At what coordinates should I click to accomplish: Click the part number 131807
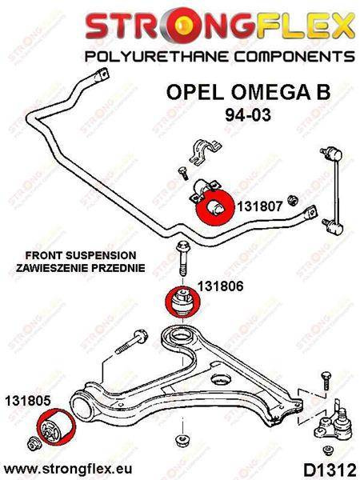pyautogui.click(x=260, y=206)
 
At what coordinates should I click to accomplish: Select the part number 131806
pyautogui.click(x=221, y=286)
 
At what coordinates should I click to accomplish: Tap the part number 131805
pyautogui.click(x=27, y=401)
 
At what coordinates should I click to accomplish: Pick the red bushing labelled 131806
pyautogui.click(x=182, y=302)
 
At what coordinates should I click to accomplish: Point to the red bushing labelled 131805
pyautogui.click(x=56, y=426)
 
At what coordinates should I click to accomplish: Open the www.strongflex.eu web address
pyautogui.click(x=68, y=469)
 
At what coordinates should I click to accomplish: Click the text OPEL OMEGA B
pyautogui.click(x=248, y=92)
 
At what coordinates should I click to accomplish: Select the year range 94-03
pyautogui.click(x=248, y=115)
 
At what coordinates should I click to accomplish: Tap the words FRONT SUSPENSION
pyautogui.click(x=81, y=255)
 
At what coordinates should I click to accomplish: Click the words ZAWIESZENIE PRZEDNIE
pyautogui.click(x=81, y=268)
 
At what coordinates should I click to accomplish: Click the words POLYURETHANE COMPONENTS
pyautogui.click(x=219, y=56)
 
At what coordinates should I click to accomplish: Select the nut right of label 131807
pyautogui.click(x=294, y=201)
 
